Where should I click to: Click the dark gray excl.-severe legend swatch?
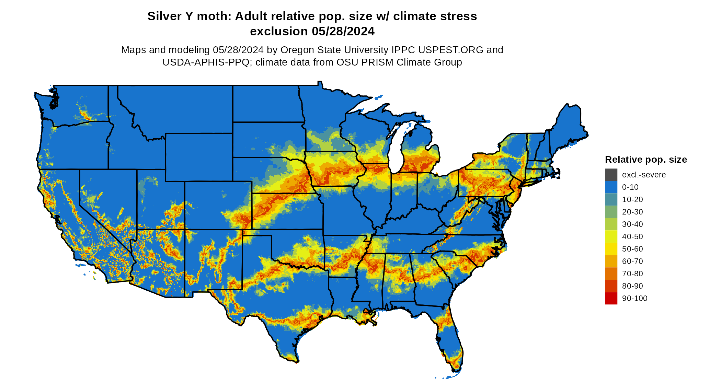click(611, 175)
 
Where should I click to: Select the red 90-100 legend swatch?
click(611, 298)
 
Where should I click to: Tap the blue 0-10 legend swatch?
click(611, 187)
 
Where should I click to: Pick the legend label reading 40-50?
click(632, 236)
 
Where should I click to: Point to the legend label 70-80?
click(632, 274)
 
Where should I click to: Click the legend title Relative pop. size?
click(646, 160)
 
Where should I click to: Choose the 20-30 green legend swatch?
click(611, 212)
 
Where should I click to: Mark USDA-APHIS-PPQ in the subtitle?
click(206, 62)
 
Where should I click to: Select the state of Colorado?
click(218, 205)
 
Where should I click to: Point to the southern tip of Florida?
click(456, 369)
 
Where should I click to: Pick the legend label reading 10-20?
click(632, 199)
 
